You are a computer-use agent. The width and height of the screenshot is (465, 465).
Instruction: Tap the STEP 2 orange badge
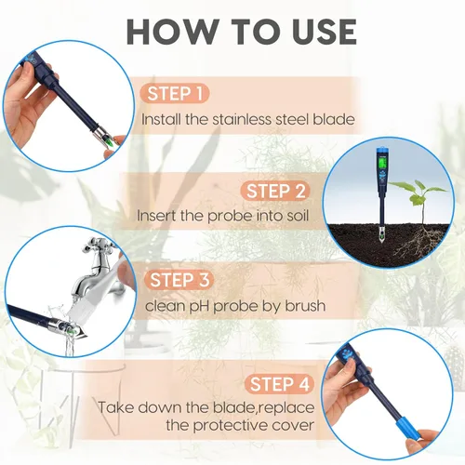pyautogui.click(x=274, y=191)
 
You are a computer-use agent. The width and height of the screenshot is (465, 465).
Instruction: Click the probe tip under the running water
pyautogui.click(x=65, y=326)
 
